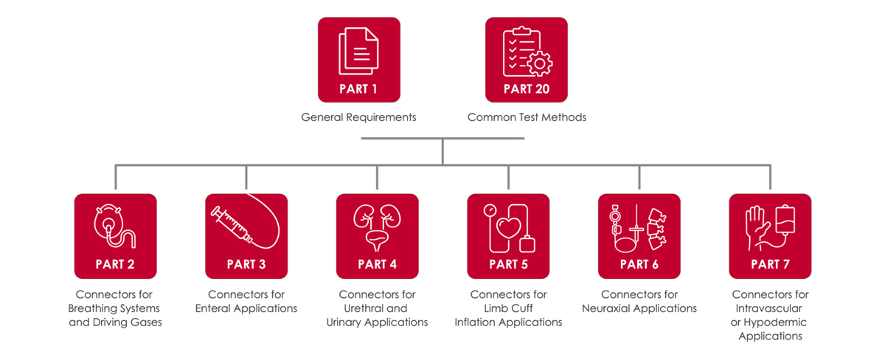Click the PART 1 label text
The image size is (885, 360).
[358, 89]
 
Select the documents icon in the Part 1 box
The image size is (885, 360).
[358, 51]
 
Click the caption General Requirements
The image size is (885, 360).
[358, 117]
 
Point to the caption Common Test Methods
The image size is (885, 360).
[527, 117]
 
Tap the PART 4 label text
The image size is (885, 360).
[377, 264]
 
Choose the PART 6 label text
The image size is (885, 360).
[639, 264]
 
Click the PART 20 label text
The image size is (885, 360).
[526, 89]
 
